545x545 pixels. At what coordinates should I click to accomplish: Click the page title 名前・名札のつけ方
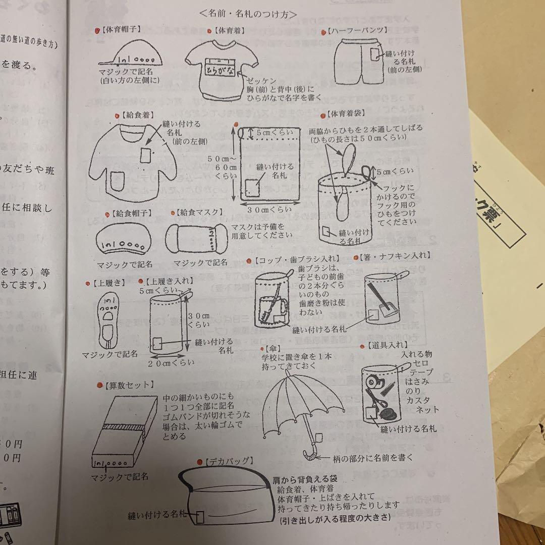pos(248,14)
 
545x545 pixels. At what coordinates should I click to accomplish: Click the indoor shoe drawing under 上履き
pos(108,318)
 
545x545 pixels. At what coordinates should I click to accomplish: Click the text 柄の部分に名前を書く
pos(373,458)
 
